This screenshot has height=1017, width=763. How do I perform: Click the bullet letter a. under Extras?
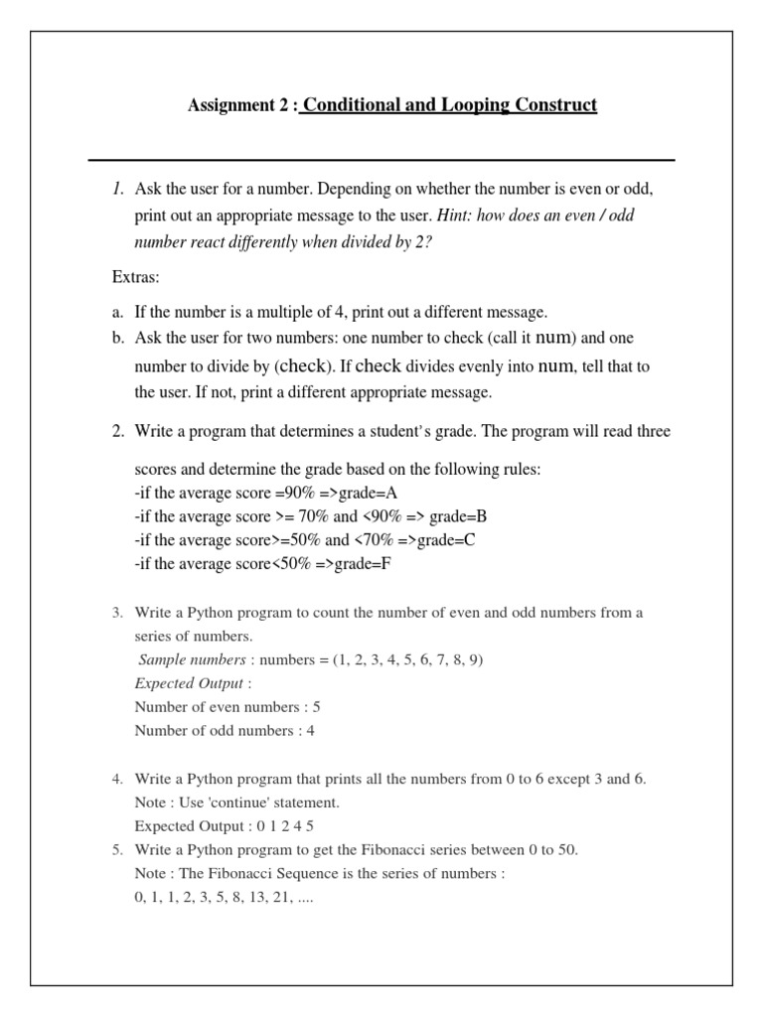pyautogui.click(x=117, y=311)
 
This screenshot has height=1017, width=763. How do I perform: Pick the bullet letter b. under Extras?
pyautogui.click(x=117, y=338)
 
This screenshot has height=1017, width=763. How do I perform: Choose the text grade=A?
pyautogui.click(x=369, y=493)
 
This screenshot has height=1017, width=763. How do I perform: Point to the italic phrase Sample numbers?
pyautogui.click(x=192, y=659)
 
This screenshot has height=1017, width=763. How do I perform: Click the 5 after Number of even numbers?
pyautogui.click(x=317, y=707)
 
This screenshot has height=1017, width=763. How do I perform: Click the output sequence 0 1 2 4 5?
pyautogui.click(x=279, y=826)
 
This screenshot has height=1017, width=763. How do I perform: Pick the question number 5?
pyautogui.click(x=117, y=850)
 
